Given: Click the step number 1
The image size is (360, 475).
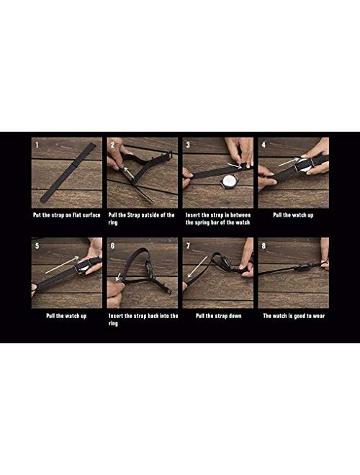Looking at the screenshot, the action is point(37,145).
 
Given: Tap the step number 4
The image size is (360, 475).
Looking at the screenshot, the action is point(264,145).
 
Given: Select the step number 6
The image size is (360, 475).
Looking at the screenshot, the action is point(112,245).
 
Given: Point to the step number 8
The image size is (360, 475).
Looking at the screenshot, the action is point(264,245).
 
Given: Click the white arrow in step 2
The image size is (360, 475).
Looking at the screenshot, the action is point(129,172).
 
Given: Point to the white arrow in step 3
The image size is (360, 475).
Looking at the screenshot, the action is point(234,165).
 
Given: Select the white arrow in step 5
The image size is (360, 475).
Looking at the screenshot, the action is point(62,265).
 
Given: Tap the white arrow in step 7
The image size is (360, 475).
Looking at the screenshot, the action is point(197,266).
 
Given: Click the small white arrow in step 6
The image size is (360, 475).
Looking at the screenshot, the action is point(119,276).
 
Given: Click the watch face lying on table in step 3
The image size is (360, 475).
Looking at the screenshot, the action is point(227,182).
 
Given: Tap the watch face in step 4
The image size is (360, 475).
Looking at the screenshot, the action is point(302,165).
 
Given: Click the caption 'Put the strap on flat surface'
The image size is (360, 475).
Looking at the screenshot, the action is point(67,215).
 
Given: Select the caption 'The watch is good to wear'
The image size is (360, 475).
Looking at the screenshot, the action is point(294,316).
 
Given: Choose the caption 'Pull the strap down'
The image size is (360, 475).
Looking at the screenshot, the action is point(218,316).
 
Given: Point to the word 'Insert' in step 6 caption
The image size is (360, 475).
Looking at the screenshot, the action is point(116,316).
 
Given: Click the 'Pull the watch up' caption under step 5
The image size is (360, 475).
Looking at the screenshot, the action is point(66,316).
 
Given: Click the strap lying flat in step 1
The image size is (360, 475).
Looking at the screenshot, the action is point(68,173).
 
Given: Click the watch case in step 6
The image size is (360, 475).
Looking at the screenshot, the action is point(149,268).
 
